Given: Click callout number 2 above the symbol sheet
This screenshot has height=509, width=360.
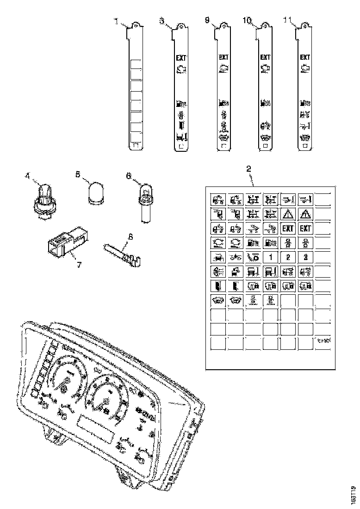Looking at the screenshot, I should pyautogui.click(x=248, y=168).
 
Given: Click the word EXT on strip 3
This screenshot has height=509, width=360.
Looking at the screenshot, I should pyautogui.click(x=180, y=58).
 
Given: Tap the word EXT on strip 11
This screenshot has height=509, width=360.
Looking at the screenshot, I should pyautogui.click(x=304, y=58).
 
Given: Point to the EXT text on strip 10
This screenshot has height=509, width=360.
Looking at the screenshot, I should pyautogui.click(x=265, y=58).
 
